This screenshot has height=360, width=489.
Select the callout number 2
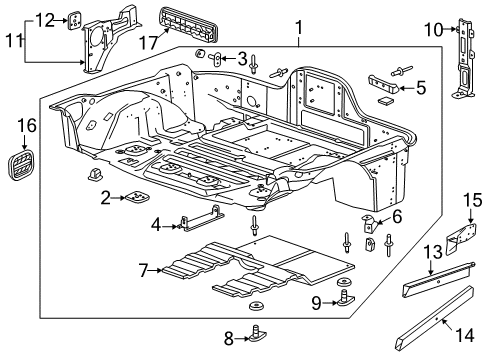point(105,198)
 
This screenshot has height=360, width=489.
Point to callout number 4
point(154,224)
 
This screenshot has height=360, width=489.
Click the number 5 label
point(420,88)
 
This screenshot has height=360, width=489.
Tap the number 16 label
point(27,125)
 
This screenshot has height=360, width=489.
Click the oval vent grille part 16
point(26,163)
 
